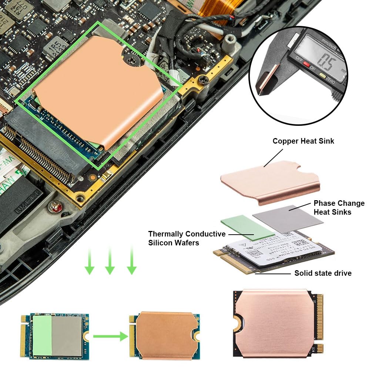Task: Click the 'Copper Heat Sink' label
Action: [x=303, y=141]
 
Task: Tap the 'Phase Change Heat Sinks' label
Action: [x=339, y=207]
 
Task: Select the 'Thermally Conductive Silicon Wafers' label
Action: [x=187, y=238]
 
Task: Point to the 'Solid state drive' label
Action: [x=322, y=273]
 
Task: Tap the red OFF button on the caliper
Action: [x=306, y=64]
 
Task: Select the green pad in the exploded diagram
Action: [x=247, y=227]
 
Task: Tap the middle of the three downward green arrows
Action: [x=110, y=262]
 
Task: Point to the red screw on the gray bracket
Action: [x=56, y=207]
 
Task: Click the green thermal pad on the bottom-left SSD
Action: [x=42, y=335]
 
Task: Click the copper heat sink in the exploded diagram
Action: [x=270, y=181]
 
